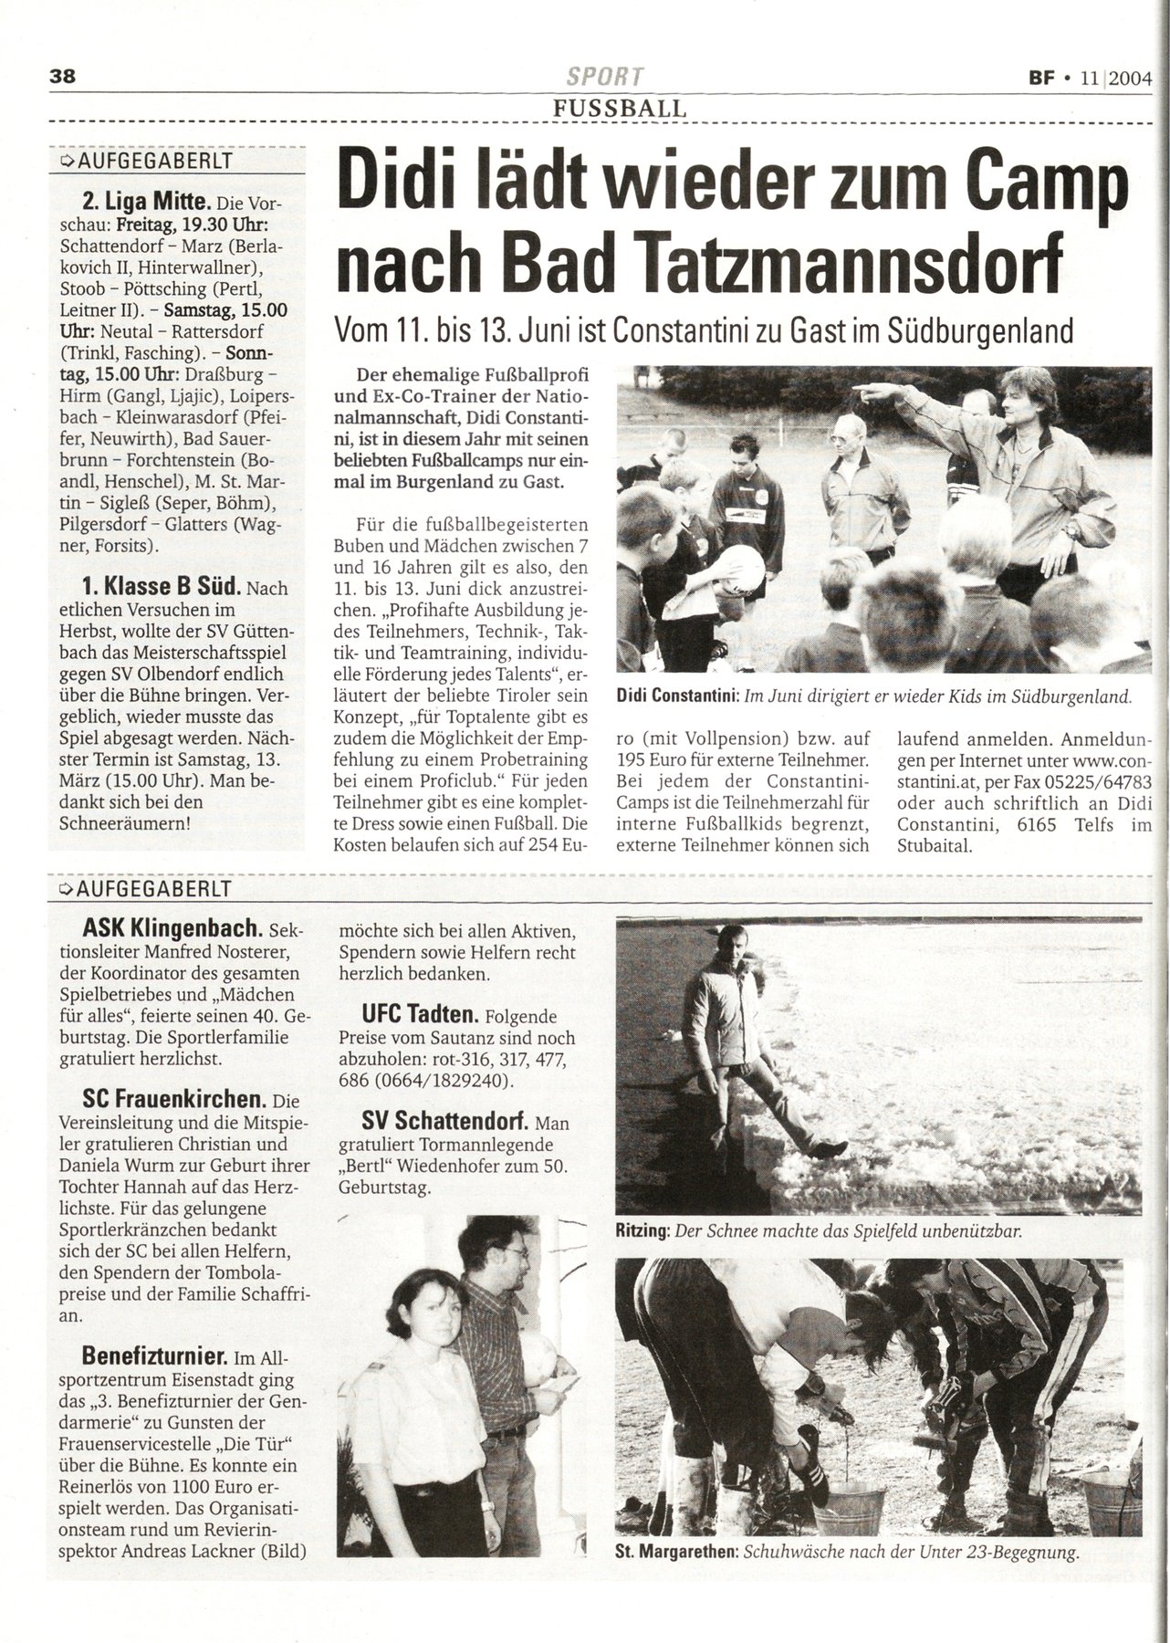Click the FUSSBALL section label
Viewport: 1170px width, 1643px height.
618,109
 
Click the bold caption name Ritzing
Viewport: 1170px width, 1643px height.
642,1231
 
